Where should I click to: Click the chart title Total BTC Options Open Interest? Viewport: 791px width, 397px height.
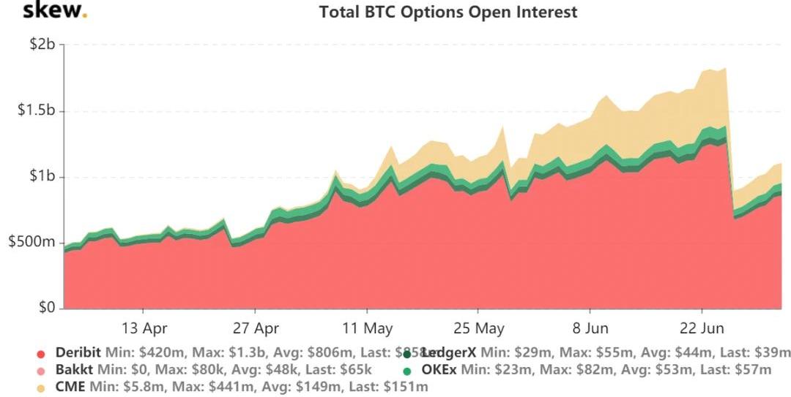point(448,12)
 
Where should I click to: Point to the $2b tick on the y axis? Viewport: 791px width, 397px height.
point(42,45)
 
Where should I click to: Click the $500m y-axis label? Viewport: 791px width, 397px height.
point(31,243)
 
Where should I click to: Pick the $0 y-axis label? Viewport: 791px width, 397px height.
point(45,308)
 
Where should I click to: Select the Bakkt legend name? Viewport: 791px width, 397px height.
point(75,370)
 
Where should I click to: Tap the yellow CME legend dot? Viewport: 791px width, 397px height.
point(42,387)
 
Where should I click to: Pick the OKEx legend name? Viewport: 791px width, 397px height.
point(439,370)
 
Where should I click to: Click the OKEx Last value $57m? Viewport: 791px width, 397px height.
point(754,370)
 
